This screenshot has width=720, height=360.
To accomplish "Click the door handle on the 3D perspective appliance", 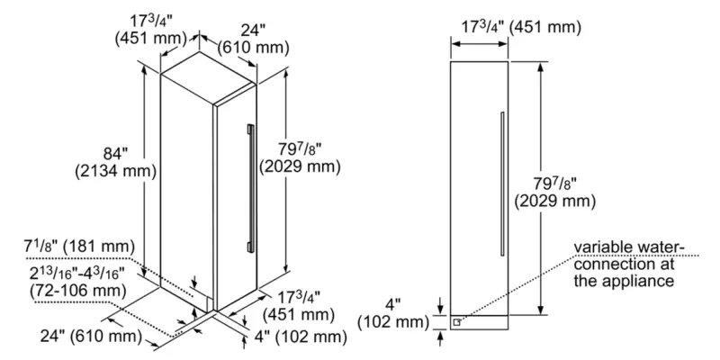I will [249, 184].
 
